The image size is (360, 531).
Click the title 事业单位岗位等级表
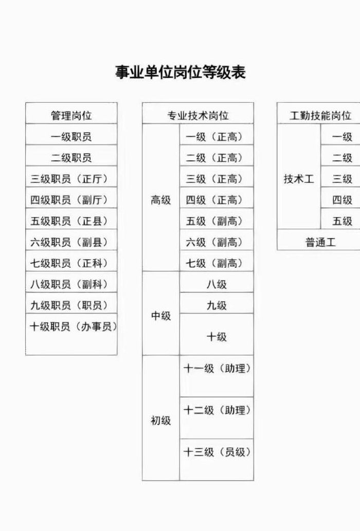tap(180, 72)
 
